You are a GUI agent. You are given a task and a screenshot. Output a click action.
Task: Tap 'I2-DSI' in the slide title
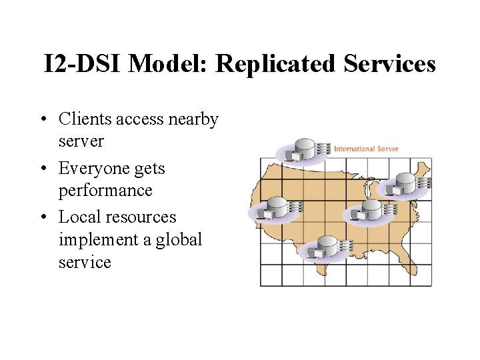[81, 64]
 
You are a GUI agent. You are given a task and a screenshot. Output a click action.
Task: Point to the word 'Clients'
[85, 119]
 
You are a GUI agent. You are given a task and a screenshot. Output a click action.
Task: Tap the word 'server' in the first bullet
[81, 141]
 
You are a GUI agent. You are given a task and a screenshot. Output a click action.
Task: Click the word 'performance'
[105, 190]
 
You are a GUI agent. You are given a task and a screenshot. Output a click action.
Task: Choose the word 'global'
[179, 239]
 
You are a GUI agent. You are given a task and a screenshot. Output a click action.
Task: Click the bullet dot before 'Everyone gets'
[42, 169]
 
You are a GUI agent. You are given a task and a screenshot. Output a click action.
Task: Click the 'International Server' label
[366, 148]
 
